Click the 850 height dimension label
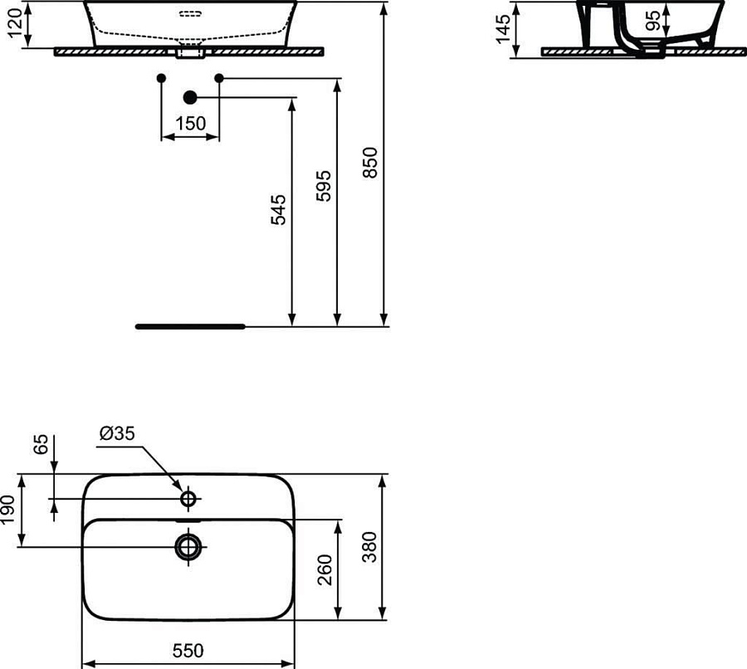coord(372,163)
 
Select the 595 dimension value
coord(325,186)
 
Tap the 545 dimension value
coord(280,210)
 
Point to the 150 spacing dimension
coord(190,124)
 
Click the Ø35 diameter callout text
coord(116,435)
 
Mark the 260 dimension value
coord(325,570)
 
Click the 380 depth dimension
coord(371,548)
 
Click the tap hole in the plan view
coord(188,498)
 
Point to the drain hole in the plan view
coord(188,546)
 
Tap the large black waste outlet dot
coord(189,98)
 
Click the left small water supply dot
coord(161,78)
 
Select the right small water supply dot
coord(219,78)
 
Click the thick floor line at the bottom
coord(190,326)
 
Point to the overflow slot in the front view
coord(190,14)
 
